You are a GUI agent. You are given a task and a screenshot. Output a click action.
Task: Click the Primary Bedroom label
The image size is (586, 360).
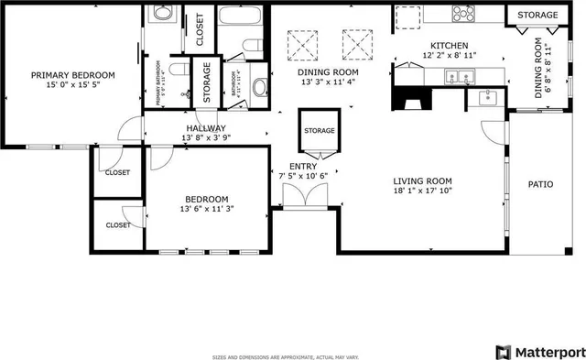coord(72,75)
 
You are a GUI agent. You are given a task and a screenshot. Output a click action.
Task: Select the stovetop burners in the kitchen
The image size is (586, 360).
coord(463,13)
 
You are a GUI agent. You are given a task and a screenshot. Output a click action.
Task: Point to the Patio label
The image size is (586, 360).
coord(540,184)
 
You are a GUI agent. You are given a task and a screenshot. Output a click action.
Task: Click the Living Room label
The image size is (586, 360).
coord(423,180)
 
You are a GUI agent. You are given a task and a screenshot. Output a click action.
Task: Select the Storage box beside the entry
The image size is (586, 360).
coord(319,131)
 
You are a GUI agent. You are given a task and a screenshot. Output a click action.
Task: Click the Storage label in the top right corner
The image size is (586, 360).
coord(537,16)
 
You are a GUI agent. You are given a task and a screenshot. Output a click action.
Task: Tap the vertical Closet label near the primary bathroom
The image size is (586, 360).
coord(200,28)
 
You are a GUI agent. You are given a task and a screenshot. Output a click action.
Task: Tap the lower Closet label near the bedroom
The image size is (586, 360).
coord(117,224)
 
